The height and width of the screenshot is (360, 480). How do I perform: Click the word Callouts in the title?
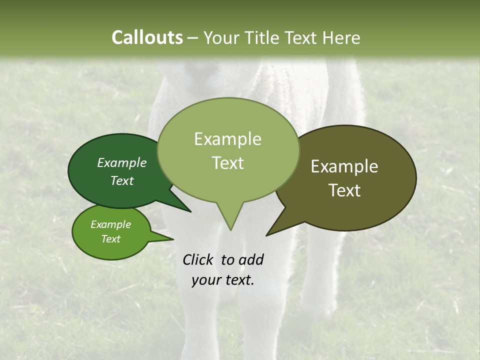pyautogui.click(x=147, y=37)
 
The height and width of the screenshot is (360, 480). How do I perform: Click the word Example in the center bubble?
pyautogui.click(x=227, y=139)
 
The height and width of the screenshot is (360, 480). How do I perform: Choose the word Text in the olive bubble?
pyautogui.click(x=345, y=190)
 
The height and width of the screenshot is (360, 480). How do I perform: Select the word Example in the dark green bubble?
pyautogui.click(x=121, y=162)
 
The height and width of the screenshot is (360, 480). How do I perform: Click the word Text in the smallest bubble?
pyautogui.click(x=110, y=239)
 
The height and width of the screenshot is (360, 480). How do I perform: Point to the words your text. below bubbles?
pyautogui.click(x=222, y=280)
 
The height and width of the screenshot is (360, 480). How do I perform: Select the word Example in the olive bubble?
pyautogui.click(x=344, y=166)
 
